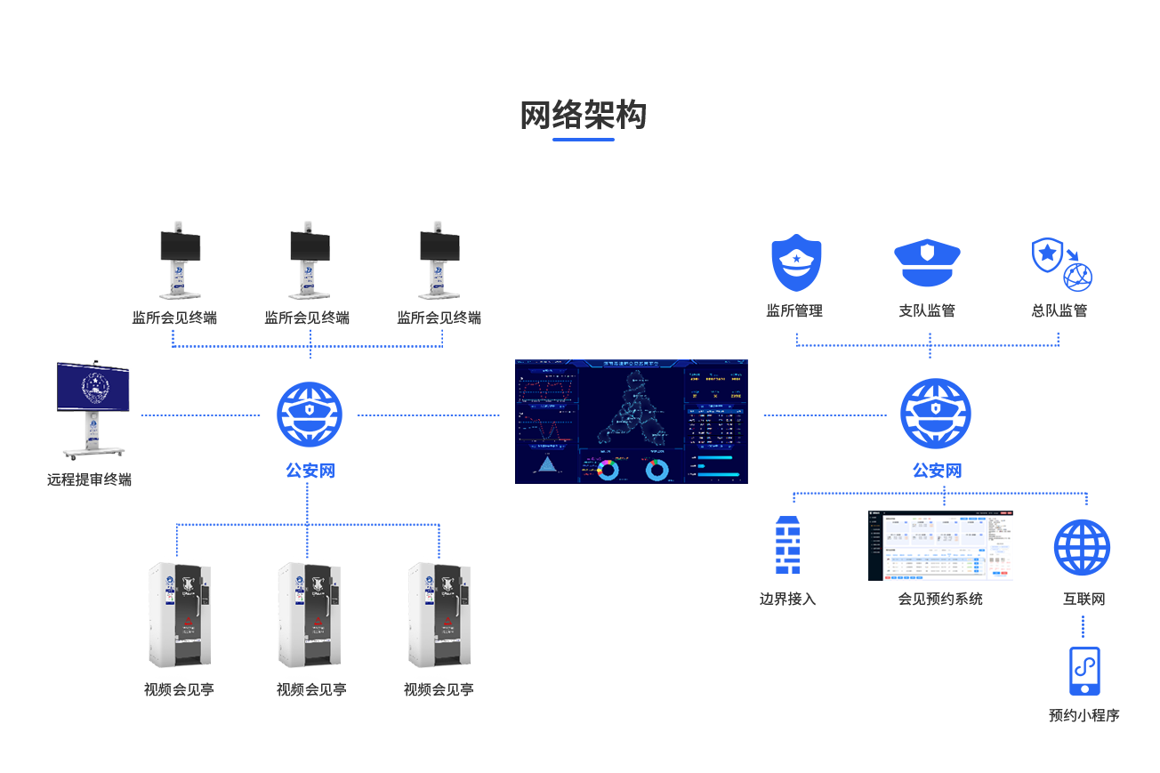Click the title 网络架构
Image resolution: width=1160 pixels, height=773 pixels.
[x=583, y=115]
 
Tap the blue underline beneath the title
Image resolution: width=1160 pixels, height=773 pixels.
[x=583, y=140]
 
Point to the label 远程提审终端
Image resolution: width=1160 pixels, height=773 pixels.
[x=89, y=479]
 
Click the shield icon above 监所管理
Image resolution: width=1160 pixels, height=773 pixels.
[x=795, y=262]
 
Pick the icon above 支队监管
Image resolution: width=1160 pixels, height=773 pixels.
[x=926, y=262]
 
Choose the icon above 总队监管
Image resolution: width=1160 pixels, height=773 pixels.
[x=1060, y=264]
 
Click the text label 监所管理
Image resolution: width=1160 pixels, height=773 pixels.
[x=794, y=310]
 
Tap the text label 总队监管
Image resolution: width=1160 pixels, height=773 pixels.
[x=1059, y=310]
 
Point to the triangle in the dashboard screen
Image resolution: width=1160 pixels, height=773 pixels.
[x=547, y=464]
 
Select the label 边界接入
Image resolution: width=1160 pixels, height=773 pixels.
[x=787, y=599]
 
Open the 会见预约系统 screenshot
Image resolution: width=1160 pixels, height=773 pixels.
[x=940, y=545]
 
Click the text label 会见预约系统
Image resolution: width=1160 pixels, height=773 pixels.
[x=940, y=599]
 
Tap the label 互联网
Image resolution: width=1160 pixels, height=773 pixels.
[x=1083, y=599]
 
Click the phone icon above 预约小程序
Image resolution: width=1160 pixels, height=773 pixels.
[x=1083, y=671]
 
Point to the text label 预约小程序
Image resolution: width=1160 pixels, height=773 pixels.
[x=1083, y=715]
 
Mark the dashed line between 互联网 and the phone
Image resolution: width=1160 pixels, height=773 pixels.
[x=1083, y=625]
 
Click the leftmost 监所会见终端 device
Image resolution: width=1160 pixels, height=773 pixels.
[x=179, y=260]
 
